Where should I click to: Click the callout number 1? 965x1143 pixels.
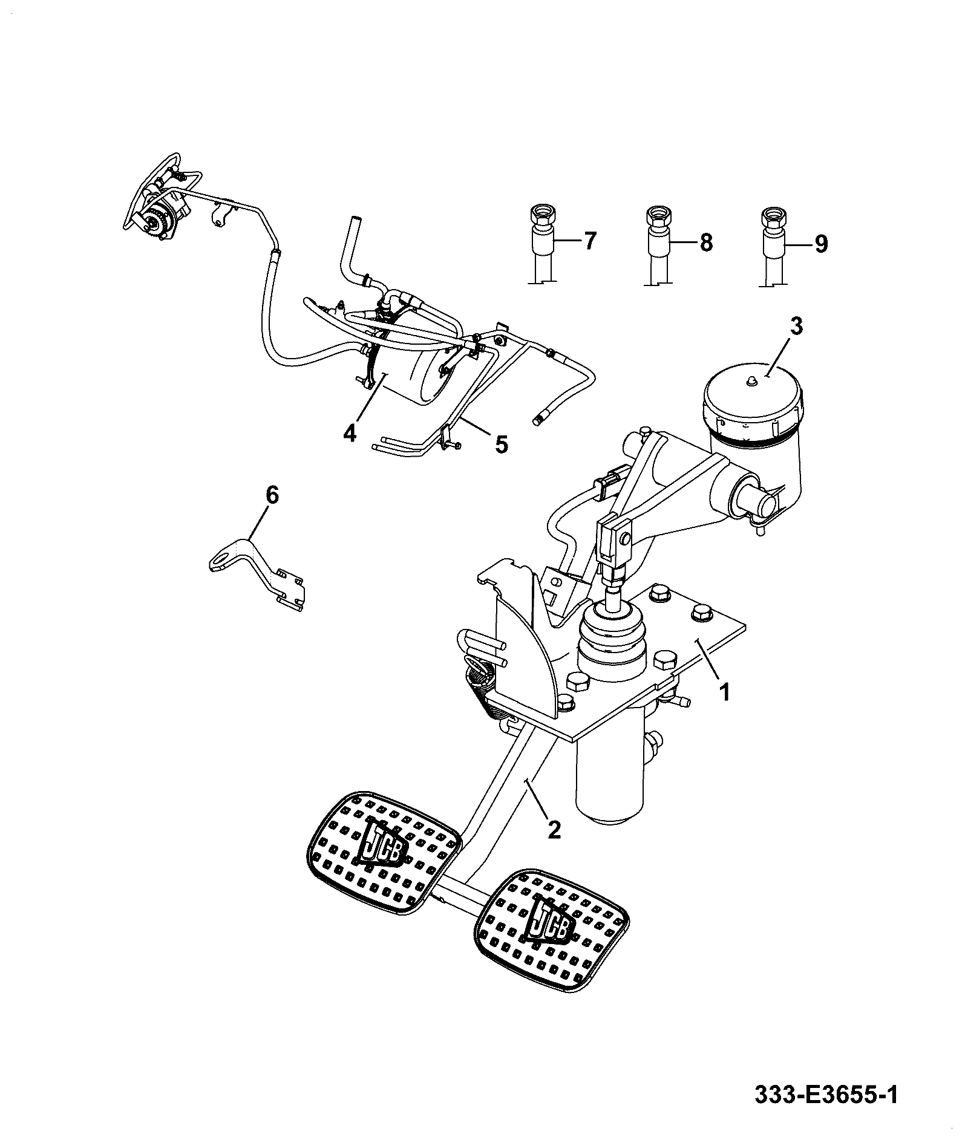click(x=724, y=690)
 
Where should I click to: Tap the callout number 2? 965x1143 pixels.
click(x=554, y=828)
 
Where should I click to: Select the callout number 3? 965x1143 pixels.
click(x=796, y=326)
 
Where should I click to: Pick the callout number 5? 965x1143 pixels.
click(x=501, y=444)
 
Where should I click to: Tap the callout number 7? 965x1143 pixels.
click(x=589, y=242)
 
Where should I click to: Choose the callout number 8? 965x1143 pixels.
click(x=705, y=243)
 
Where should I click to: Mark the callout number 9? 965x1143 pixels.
click(x=820, y=243)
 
